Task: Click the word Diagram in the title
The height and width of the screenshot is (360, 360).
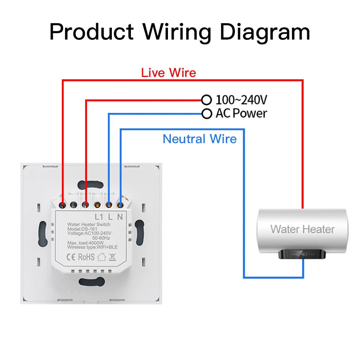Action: tap(265, 32)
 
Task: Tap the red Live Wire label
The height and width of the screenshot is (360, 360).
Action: tap(169, 73)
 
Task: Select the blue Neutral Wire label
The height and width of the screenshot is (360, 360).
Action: tap(200, 139)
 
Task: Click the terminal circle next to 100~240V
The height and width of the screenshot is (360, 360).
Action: tap(206, 99)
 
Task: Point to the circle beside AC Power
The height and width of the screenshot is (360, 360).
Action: tap(206, 114)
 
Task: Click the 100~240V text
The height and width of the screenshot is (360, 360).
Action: tap(242, 100)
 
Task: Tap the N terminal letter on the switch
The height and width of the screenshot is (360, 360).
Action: tap(120, 217)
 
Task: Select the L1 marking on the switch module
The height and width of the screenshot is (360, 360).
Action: tap(99, 217)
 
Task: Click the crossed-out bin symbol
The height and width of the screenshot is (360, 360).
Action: tap(112, 257)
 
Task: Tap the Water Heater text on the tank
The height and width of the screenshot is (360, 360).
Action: tap(302, 229)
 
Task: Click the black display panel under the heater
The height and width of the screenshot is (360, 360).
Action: tap(302, 254)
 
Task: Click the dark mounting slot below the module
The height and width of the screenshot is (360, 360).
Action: tap(89, 282)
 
